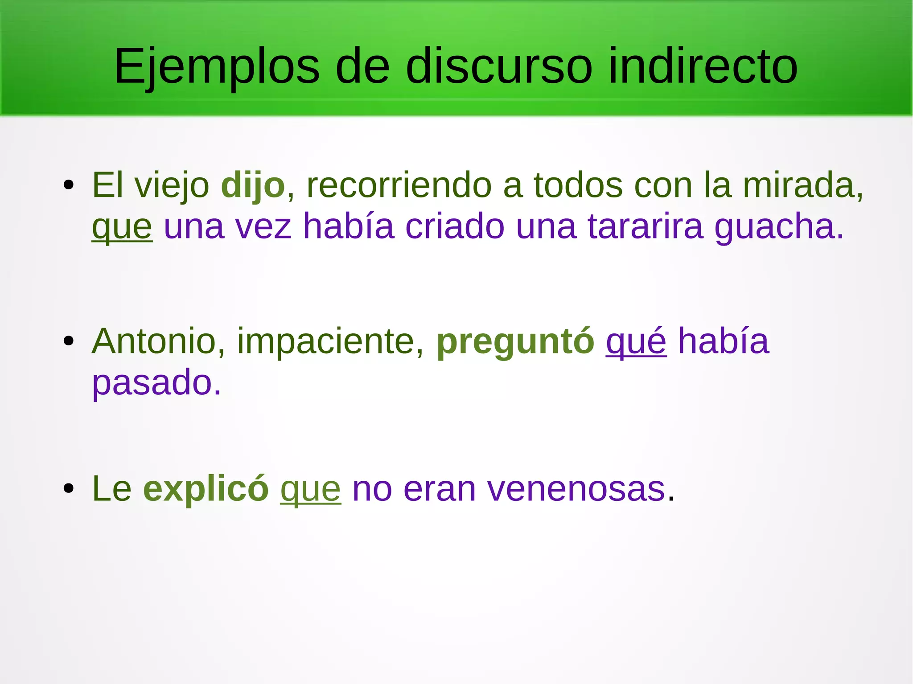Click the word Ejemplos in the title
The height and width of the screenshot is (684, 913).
[217, 67]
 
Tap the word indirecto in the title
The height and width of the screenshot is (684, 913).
[703, 67]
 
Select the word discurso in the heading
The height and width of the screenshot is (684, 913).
[499, 67]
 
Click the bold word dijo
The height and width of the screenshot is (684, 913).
[253, 185]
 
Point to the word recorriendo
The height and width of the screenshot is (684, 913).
[399, 185]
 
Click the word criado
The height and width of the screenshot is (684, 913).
[455, 226]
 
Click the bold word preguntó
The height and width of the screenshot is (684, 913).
[515, 341]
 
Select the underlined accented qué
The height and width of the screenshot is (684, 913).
[636, 341]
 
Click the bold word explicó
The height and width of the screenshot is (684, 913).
[206, 489]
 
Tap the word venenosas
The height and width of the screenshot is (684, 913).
[576, 489]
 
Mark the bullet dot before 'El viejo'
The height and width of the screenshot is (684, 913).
[68, 185]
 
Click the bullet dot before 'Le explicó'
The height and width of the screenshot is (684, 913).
[68, 488]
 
